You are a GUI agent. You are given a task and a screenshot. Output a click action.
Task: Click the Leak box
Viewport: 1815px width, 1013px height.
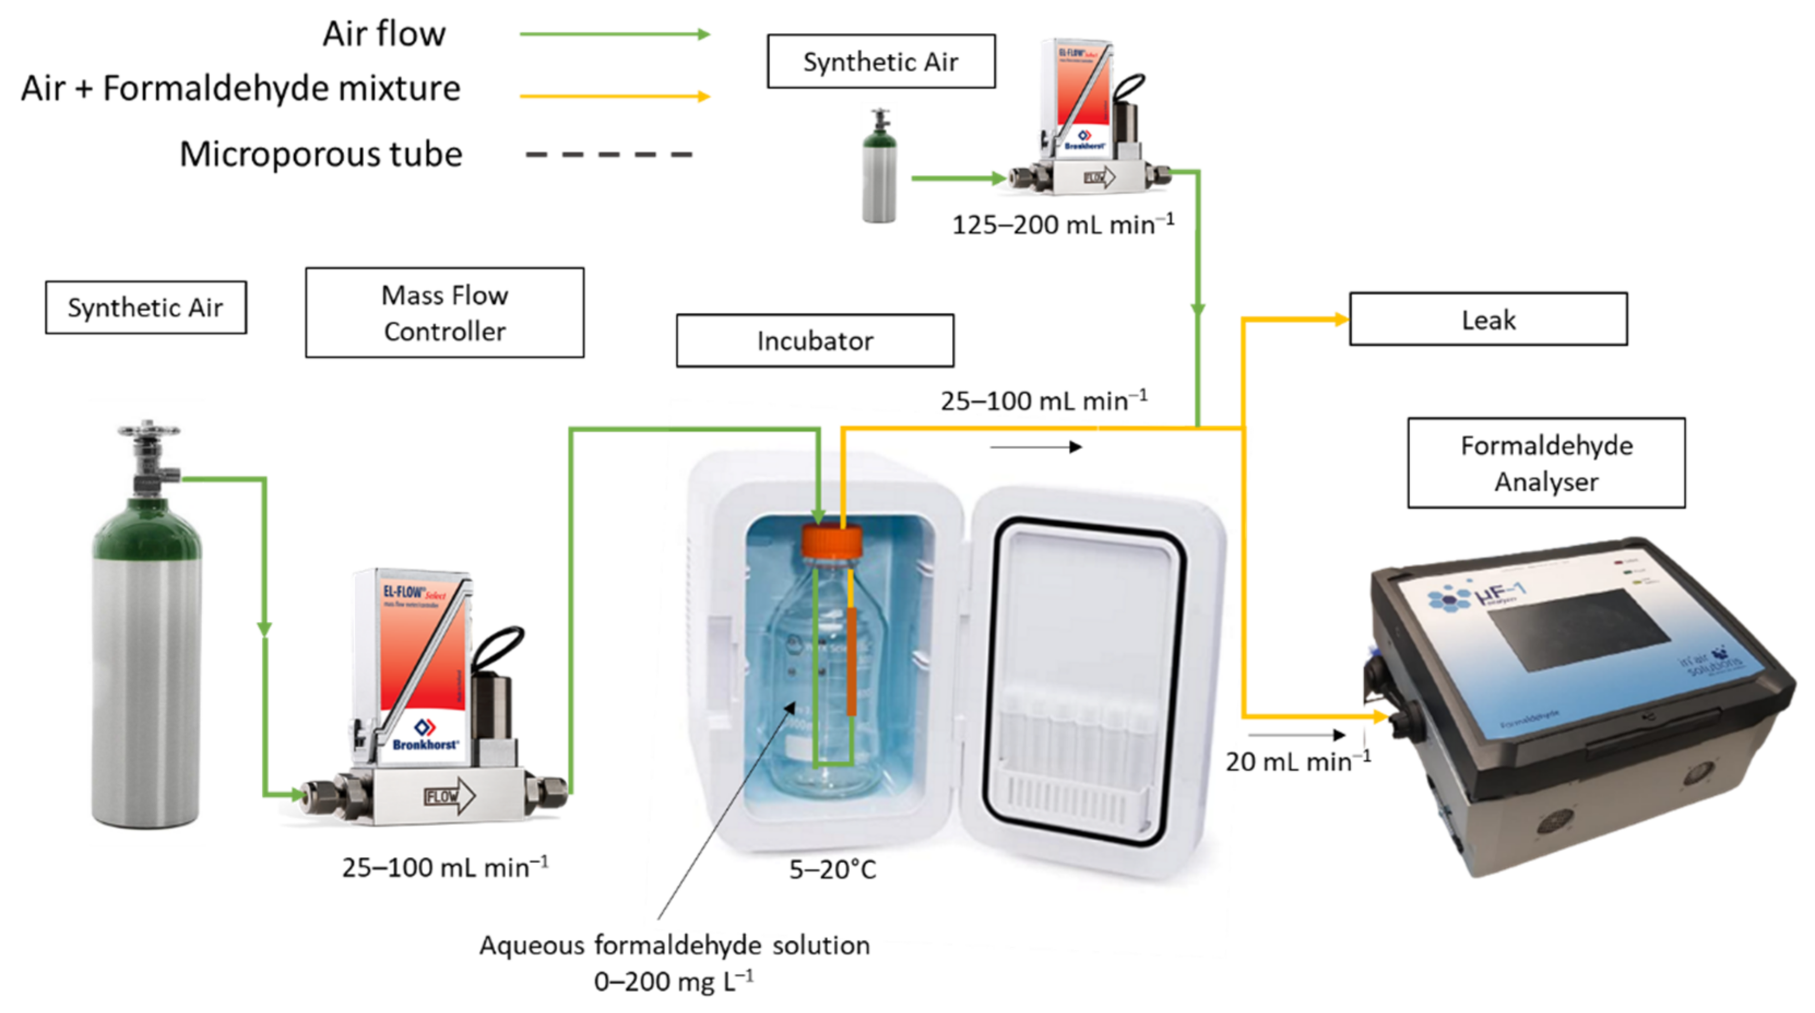[x=1487, y=319]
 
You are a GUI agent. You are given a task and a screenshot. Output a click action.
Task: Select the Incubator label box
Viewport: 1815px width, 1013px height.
[x=815, y=340]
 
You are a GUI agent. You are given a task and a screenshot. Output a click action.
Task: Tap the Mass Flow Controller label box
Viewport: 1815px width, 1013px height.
[x=444, y=313]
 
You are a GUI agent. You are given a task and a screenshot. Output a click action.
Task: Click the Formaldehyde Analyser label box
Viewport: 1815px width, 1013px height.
[x=1546, y=463]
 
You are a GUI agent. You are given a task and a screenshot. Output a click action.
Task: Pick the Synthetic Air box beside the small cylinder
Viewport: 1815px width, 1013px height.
[x=881, y=61]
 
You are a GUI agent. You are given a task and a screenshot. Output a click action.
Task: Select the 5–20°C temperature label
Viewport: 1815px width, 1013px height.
[x=832, y=869]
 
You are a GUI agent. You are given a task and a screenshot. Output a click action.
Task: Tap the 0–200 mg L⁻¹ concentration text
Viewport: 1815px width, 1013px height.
[x=674, y=981]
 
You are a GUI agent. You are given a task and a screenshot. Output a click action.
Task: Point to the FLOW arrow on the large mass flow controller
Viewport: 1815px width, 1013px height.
[x=449, y=796]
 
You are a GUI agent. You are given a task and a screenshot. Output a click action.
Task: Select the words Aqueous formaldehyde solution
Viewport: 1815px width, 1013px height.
[x=674, y=945]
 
